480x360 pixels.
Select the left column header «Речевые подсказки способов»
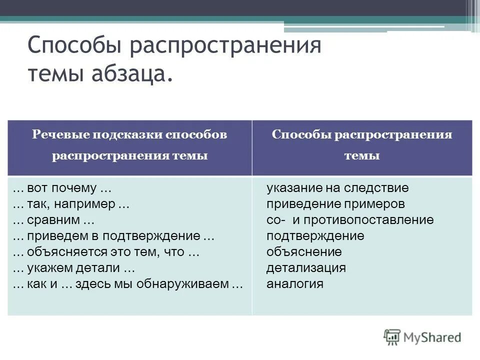tap(129, 135)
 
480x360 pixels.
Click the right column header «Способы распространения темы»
tap(361, 145)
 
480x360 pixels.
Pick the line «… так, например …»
tap(71, 204)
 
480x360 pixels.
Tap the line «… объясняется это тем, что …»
tap(106, 252)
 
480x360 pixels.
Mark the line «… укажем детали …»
tap(74, 268)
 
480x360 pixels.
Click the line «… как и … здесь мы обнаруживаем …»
tap(128, 284)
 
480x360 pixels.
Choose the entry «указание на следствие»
tap(337, 188)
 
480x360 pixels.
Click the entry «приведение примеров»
tap(335, 204)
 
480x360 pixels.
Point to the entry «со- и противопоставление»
tap(350, 220)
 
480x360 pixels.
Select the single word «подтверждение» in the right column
tap(315, 236)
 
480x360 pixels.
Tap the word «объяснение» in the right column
tap(304, 252)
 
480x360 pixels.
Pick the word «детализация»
tap(306, 268)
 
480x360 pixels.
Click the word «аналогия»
tap(295, 284)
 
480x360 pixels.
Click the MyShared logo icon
tap(392, 337)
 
